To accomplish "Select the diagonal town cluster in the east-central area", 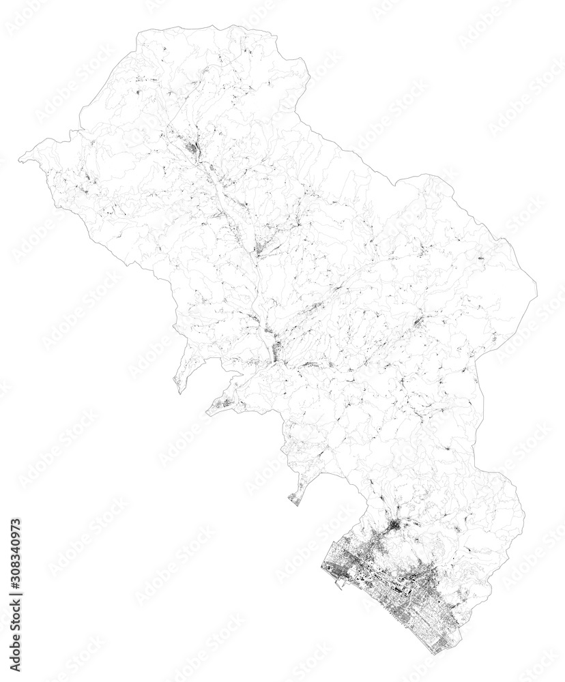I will [416, 321].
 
